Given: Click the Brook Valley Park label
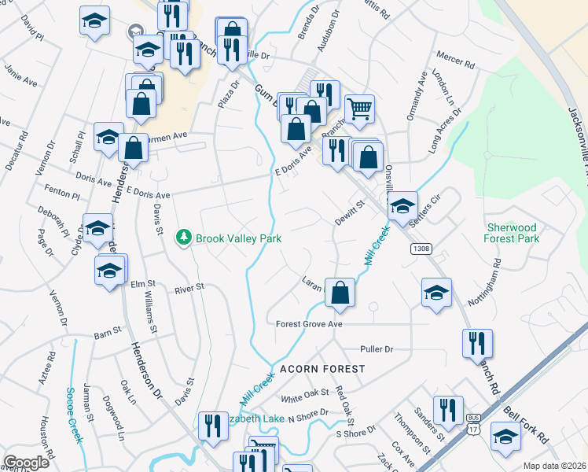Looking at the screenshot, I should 238,237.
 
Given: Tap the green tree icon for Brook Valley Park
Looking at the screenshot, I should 184,236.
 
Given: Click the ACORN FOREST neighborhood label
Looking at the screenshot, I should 322,368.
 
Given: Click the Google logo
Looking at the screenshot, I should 26,463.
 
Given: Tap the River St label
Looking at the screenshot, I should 189,287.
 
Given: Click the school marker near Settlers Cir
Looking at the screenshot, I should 402,207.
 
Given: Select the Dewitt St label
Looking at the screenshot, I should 351,208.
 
